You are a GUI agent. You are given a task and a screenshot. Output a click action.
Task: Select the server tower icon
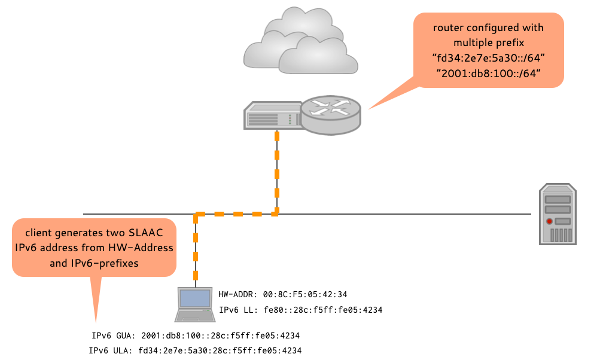(558, 214)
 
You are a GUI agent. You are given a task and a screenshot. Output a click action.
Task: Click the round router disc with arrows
(331, 115)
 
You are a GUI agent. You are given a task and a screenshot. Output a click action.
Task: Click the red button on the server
(550, 222)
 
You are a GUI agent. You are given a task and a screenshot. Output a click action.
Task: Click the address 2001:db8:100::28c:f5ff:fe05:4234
(221, 335)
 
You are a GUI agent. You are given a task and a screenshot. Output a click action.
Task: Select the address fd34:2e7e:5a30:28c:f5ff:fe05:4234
(220, 350)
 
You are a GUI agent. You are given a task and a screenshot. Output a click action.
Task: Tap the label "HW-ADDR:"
(236, 294)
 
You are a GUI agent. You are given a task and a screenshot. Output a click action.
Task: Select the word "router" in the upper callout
(449, 28)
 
